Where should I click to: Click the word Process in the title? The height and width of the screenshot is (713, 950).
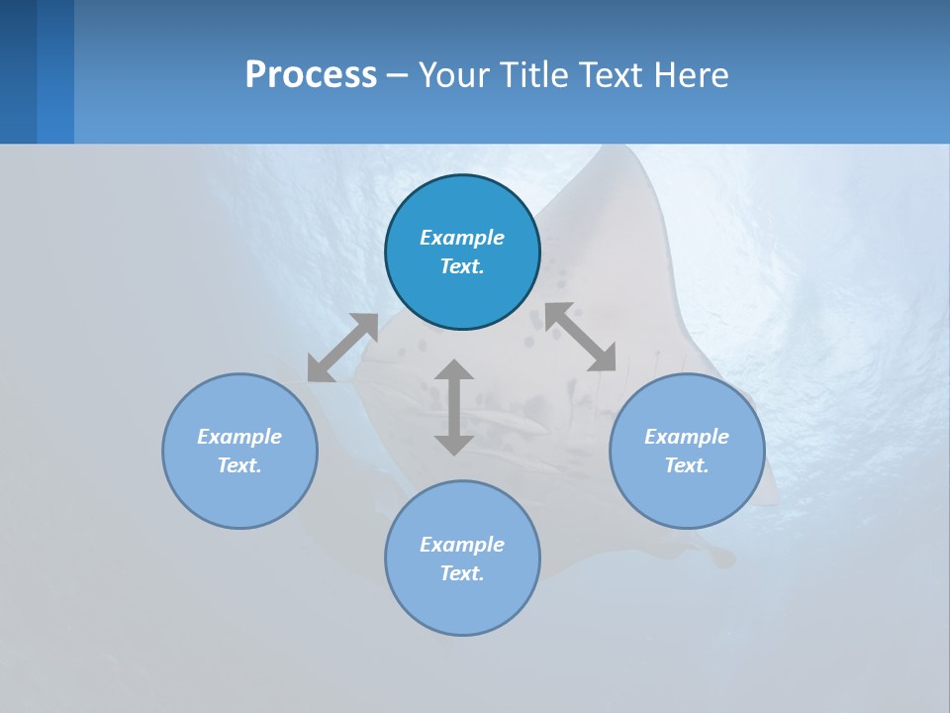point(311,75)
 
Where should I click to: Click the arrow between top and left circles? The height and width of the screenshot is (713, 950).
point(342,348)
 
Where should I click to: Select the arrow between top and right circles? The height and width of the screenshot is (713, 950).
point(581,338)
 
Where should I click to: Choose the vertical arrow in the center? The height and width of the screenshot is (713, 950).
point(454,407)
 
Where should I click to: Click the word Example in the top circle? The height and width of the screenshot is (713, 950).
point(462,238)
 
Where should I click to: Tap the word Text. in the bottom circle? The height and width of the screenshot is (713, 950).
point(462,573)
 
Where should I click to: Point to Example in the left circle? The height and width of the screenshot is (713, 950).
point(239,437)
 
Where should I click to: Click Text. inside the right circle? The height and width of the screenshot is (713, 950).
point(687,465)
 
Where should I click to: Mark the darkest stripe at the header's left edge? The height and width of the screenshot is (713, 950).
point(18,71)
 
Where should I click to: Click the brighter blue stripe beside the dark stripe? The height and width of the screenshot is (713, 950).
point(55,71)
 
